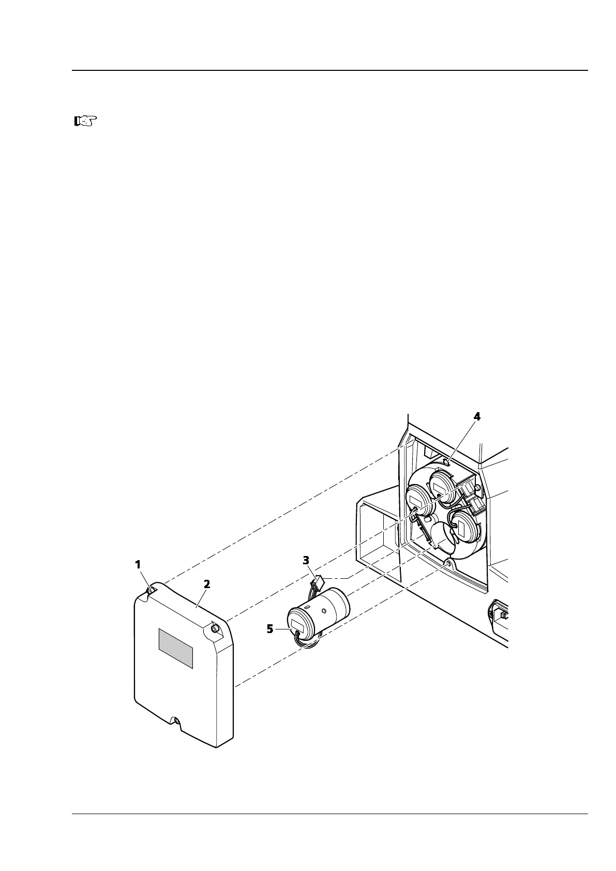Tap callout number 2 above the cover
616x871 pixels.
click(207, 584)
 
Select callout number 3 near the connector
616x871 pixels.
click(306, 560)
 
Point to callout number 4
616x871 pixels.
click(477, 417)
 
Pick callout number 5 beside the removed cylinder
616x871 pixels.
click(270, 629)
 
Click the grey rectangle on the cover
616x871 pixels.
click(175, 648)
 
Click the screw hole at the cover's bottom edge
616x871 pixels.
click(177, 721)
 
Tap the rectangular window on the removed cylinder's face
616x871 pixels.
click(298, 625)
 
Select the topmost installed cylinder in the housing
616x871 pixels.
click(443, 485)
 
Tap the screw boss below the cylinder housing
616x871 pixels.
click(447, 562)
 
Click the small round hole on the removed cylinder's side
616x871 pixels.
click(323, 611)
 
